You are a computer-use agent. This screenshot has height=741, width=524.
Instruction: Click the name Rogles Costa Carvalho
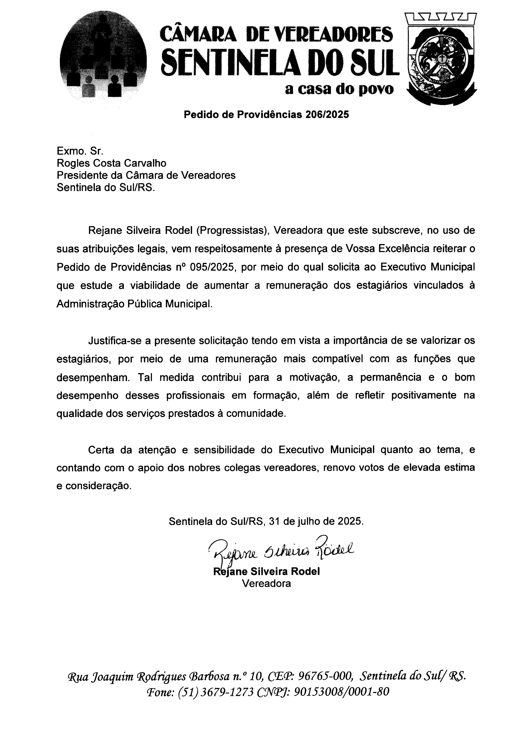tap(112, 163)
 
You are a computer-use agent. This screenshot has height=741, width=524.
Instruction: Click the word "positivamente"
tap(424, 395)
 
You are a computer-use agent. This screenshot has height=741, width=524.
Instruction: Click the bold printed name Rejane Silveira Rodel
tap(266, 572)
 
